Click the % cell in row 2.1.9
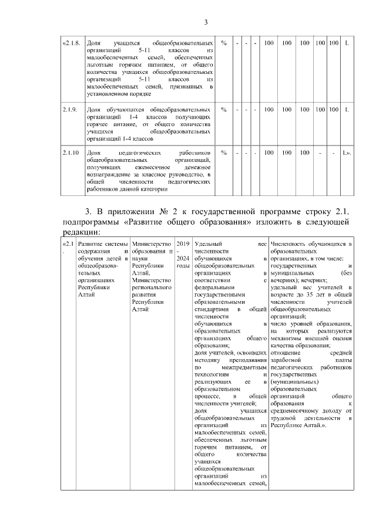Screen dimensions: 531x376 click(x=224, y=109)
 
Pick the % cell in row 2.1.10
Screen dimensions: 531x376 click(x=224, y=153)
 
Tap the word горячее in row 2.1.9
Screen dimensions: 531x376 click(x=100, y=125)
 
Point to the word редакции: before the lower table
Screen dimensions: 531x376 click(x=80, y=232)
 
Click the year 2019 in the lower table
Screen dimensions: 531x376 click(x=183, y=243)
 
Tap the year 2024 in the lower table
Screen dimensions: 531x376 click(x=183, y=258)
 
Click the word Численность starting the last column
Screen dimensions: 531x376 click(x=290, y=243)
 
